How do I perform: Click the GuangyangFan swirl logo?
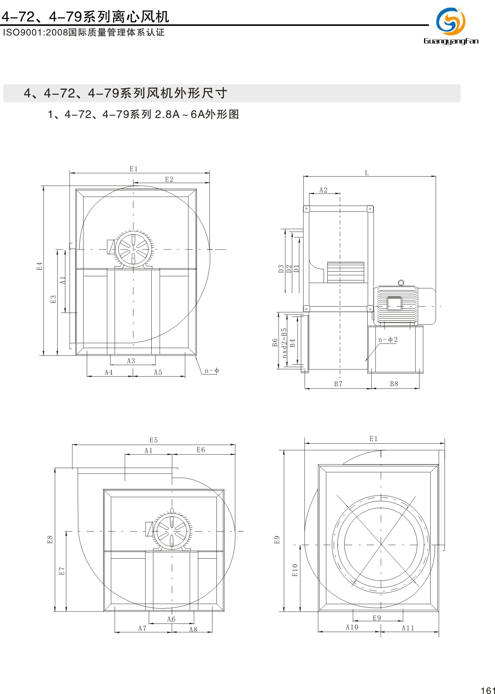(451, 21)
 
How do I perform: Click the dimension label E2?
(169, 179)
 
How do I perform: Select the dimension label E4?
(39, 266)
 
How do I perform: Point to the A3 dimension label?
(131, 361)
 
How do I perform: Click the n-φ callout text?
(212, 371)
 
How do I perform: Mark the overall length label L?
(367, 173)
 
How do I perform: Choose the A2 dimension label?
(323, 190)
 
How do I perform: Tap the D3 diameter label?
(281, 268)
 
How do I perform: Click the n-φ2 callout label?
(388, 339)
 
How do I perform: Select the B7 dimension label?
(338, 384)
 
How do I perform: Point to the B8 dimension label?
(394, 384)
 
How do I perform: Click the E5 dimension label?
(153, 440)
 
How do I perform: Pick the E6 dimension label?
(201, 450)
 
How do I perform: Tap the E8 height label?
(50, 539)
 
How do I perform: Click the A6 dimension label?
(171, 619)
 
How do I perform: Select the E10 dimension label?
(295, 570)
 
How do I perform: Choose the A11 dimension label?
(408, 628)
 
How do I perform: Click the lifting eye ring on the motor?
(401, 283)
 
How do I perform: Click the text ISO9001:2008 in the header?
(35, 32)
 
